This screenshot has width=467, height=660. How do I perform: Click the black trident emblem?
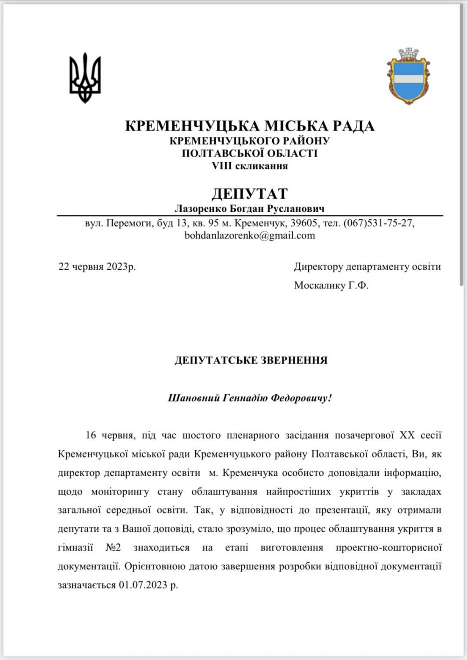(85, 78)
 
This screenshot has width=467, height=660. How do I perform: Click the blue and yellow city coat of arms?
(407, 76)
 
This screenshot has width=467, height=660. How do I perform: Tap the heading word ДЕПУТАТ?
(249, 193)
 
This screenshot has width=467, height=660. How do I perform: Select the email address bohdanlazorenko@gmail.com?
(250, 236)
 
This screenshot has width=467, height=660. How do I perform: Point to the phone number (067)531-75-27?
(379, 223)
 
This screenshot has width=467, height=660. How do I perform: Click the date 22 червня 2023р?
(97, 267)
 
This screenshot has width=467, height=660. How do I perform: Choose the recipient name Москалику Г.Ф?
(331, 285)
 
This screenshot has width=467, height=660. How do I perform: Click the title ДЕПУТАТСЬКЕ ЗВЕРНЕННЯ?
(251, 360)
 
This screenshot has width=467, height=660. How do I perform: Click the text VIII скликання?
(249, 166)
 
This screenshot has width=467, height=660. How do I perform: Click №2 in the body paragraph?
(111, 547)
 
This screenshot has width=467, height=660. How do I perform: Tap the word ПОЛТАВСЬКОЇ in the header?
(214, 153)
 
